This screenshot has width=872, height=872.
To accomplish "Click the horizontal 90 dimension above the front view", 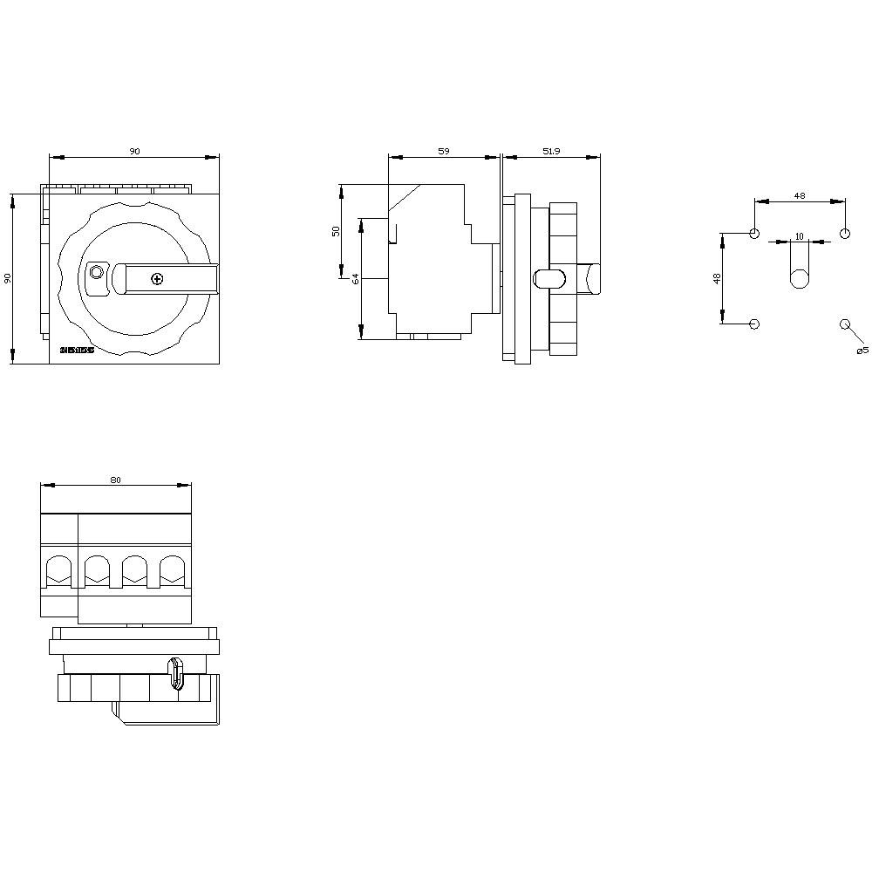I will (x=134, y=152).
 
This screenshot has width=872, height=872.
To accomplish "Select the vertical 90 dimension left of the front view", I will (x=8, y=278).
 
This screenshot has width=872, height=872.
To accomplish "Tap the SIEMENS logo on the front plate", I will (x=76, y=351).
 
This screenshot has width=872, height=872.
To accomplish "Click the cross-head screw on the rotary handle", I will (x=157, y=279).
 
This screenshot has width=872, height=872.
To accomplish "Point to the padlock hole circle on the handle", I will (x=96, y=273).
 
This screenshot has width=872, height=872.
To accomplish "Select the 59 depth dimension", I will (x=443, y=152).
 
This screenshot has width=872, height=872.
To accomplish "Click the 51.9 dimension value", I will (x=551, y=152).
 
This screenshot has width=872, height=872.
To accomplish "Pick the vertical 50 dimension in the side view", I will (x=336, y=231).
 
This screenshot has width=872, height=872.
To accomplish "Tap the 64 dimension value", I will (x=356, y=279).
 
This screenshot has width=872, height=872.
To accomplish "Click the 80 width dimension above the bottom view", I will (x=115, y=480).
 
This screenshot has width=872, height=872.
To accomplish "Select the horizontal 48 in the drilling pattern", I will (x=800, y=196).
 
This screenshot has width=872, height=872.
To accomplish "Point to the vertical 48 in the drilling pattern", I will (x=717, y=279).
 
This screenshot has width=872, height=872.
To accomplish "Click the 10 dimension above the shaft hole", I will (x=799, y=236).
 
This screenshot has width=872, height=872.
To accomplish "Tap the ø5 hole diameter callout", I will (x=862, y=350).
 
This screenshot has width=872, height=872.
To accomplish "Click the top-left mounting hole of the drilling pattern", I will (x=754, y=234).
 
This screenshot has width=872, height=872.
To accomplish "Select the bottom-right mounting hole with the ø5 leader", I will (x=844, y=324).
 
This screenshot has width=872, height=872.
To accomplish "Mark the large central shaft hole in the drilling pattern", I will (x=799, y=279).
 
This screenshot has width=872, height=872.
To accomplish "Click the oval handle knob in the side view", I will (x=548, y=279).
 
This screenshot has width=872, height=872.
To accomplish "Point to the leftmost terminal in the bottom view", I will (x=59, y=571).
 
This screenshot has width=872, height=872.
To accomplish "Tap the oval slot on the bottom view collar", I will (x=177, y=673).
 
